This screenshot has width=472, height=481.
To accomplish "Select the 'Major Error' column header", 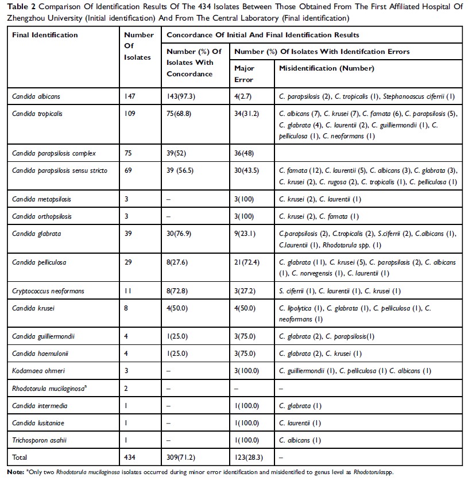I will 244,73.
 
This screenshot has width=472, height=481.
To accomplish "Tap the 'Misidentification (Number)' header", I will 326,68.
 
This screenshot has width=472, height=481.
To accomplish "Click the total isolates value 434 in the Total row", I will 131,458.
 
